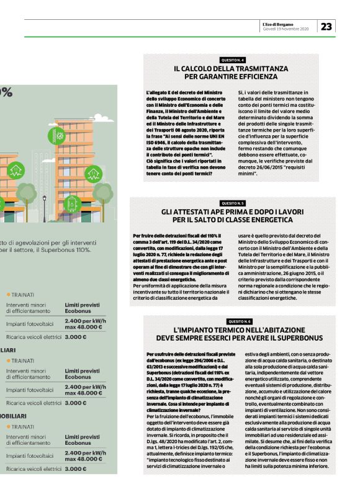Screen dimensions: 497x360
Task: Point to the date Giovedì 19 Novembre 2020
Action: (x=289, y=29)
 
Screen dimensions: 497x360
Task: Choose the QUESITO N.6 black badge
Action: (x=239, y=321)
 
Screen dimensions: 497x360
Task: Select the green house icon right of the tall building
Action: (x=93, y=174)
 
